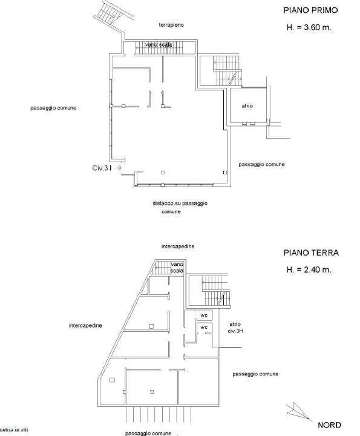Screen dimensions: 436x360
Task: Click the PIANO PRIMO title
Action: [x=310, y=10]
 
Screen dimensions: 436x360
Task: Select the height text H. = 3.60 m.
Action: [x=309, y=28]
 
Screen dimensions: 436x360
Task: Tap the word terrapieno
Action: [x=171, y=25]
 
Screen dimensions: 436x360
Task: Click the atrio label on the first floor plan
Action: [x=247, y=106]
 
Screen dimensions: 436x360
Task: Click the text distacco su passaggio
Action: [x=180, y=203]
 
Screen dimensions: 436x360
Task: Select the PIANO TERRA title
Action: [x=310, y=253]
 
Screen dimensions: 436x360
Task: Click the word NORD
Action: [x=329, y=425]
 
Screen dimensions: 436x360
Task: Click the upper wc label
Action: [x=205, y=315]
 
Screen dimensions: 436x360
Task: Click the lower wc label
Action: [x=205, y=328]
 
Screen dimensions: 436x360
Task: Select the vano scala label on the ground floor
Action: [x=177, y=268]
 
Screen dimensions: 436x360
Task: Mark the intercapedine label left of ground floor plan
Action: [x=85, y=325]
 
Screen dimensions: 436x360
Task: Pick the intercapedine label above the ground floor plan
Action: [x=177, y=247]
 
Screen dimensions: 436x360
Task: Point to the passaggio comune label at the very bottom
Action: [x=149, y=433]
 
